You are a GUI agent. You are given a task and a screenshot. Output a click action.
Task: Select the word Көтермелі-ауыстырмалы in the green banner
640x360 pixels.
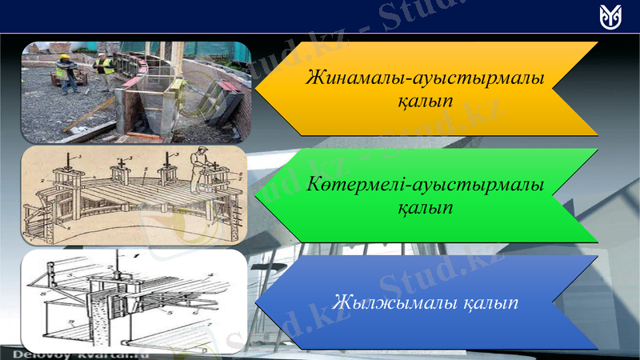[425, 185]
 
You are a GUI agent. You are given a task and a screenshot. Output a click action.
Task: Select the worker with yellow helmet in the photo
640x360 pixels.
[62, 70]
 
